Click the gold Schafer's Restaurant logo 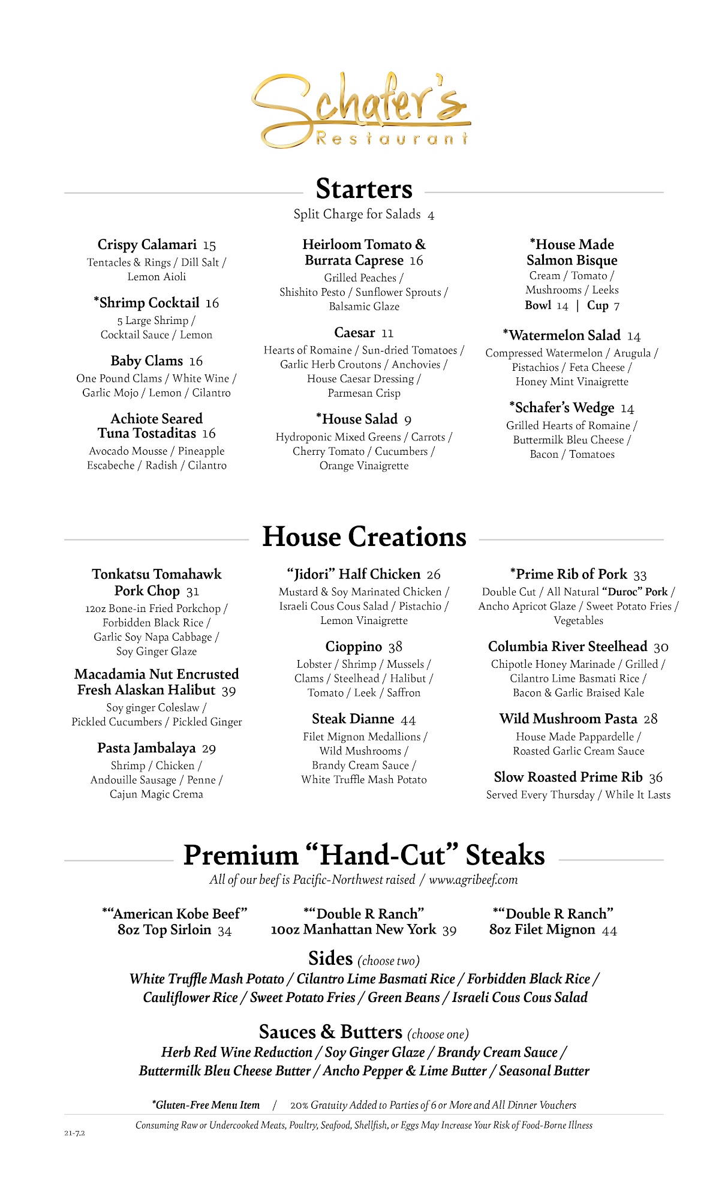pos(362,112)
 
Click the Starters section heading pos(364,189)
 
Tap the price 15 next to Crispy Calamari pos(209,245)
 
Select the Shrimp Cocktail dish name pos(149,303)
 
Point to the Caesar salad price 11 pos(387,334)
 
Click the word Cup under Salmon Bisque pos(597,305)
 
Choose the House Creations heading pos(364,536)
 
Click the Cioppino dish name pos(353,647)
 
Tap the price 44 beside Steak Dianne pos(408,720)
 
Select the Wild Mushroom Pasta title pos(568,719)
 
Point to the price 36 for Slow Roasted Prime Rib pos(656,778)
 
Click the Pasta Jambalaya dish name pos(146,748)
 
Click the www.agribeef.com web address pos(473,880)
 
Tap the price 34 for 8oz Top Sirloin pos(224,931)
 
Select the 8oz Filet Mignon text pos(542,930)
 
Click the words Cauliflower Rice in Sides pos(190,998)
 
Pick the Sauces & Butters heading pos(330,1032)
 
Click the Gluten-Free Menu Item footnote pos(207,1105)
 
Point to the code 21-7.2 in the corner pos(75,1133)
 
